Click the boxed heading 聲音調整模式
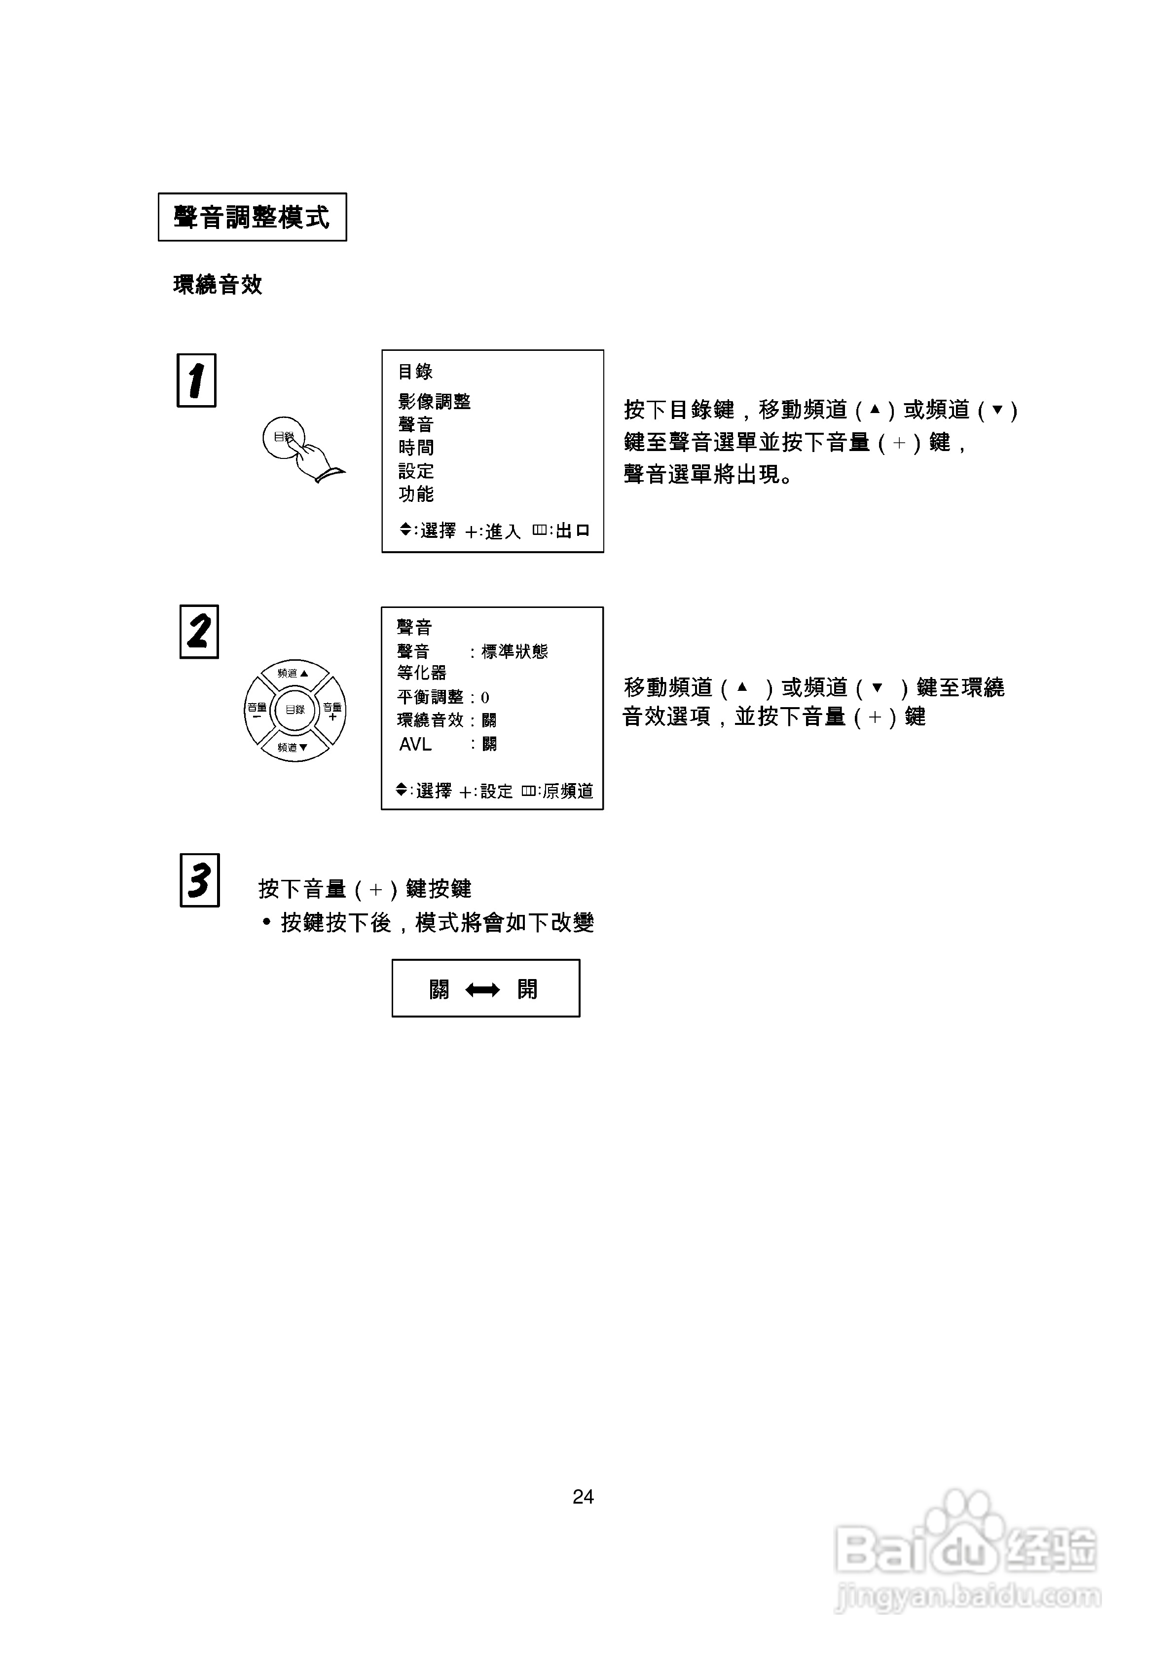point(252,217)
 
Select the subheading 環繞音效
point(217,284)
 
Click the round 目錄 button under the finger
point(283,437)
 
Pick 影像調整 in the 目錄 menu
point(434,402)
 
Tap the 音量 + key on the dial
point(333,711)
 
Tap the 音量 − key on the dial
point(257,711)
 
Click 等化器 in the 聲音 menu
point(421,673)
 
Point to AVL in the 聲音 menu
point(415,744)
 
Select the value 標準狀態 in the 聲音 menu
point(514,651)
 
